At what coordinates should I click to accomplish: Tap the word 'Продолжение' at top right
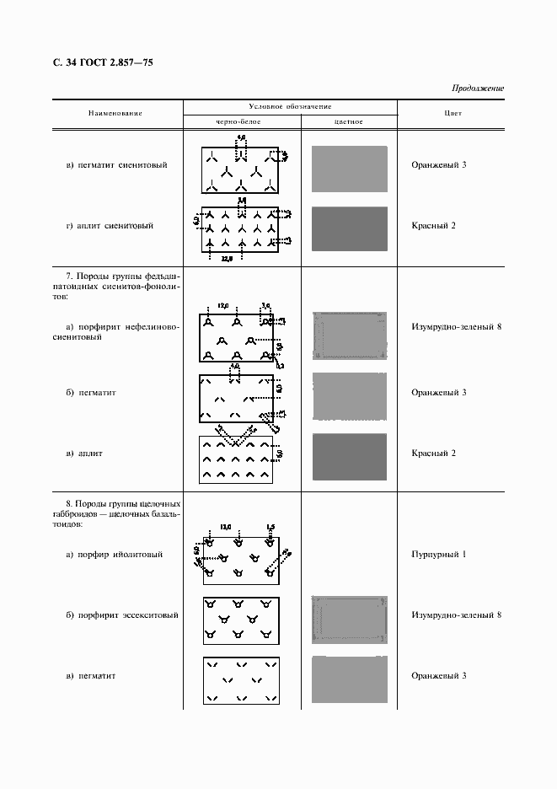point(478,89)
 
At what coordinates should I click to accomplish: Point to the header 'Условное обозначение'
point(290,106)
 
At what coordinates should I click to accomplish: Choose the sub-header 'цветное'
point(348,121)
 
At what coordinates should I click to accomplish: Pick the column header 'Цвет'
point(452,113)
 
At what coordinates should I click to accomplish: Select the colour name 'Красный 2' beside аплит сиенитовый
point(433,226)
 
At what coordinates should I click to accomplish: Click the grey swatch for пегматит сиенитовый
point(349,169)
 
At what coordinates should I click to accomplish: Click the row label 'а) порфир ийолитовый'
point(114,555)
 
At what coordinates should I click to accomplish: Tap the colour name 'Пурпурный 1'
point(439,555)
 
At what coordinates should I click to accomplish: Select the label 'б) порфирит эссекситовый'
point(121,615)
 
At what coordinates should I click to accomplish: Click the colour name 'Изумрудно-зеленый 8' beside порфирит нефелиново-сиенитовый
point(456,325)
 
